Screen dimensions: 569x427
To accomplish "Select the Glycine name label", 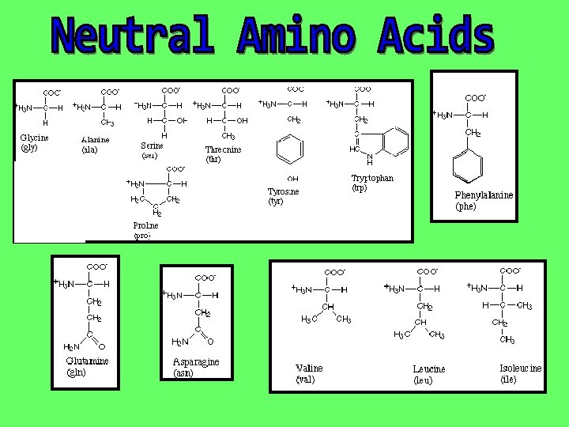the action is pyautogui.click(x=34, y=138).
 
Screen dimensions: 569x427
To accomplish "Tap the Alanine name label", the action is pyautogui.click(x=96, y=140).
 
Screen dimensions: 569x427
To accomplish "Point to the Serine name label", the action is pyautogui.click(x=152, y=145).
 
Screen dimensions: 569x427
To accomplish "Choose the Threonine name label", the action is pyautogui.click(x=223, y=149).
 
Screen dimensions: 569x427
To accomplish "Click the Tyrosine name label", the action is pyautogui.click(x=284, y=191).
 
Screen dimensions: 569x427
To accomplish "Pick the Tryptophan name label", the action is pyautogui.click(x=372, y=179).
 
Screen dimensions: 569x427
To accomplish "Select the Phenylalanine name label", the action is pyautogui.click(x=484, y=195).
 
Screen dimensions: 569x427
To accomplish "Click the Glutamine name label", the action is pyautogui.click(x=87, y=362).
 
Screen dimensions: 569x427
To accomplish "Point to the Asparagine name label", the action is pyautogui.click(x=196, y=363).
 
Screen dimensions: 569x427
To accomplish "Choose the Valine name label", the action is pyautogui.click(x=309, y=368).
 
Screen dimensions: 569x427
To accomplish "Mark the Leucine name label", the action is pyautogui.click(x=428, y=369).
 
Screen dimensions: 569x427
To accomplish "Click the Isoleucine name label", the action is pyautogui.click(x=520, y=368).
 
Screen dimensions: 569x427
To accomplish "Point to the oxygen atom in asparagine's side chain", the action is pyautogui.click(x=209, y=342).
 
